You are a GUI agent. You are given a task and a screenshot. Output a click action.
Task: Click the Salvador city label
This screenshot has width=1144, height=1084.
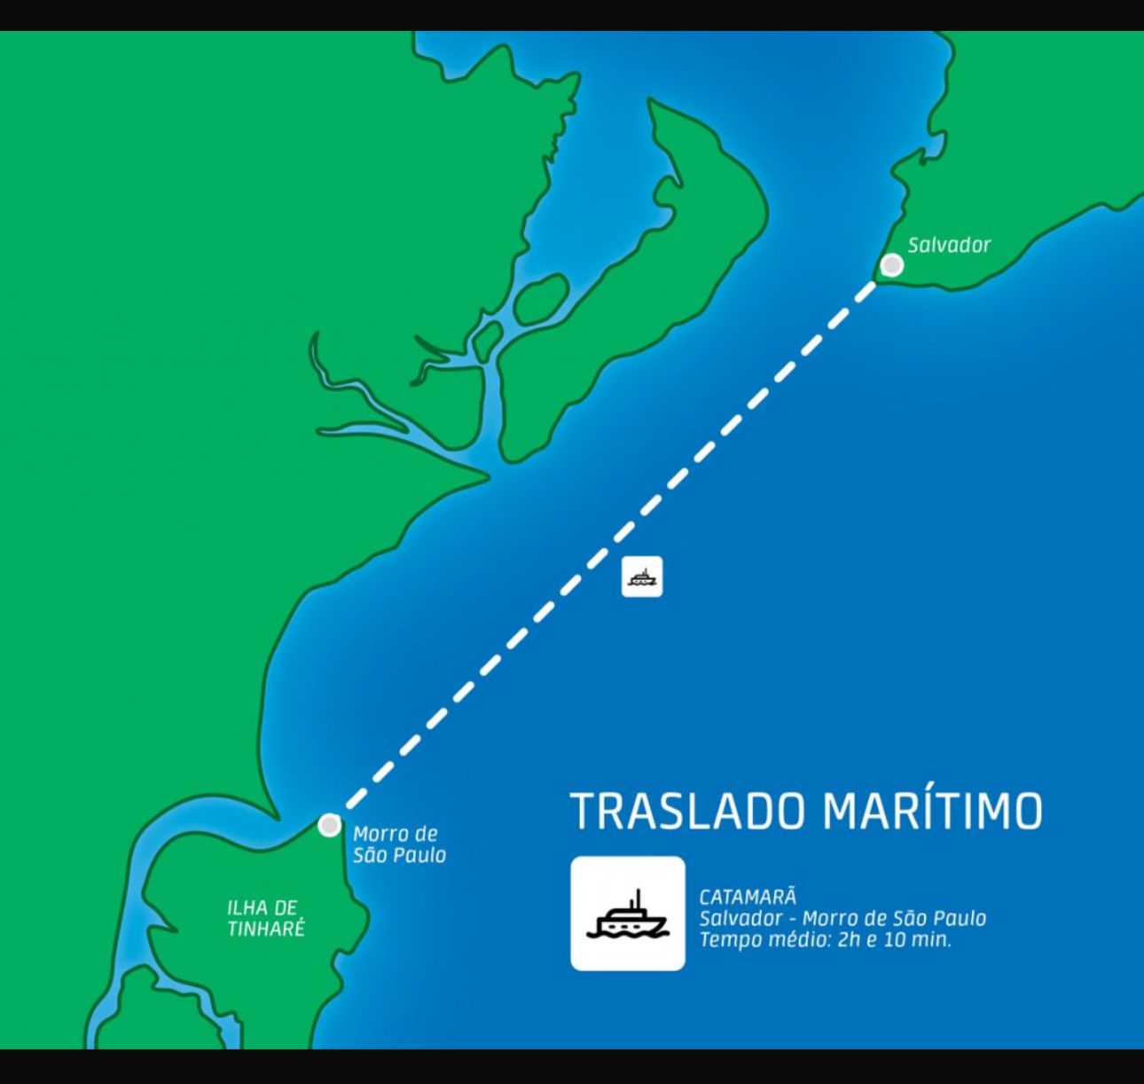(x=948, y=246)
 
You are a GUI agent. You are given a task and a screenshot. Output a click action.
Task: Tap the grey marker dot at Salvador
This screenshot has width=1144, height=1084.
(x=892, y=265)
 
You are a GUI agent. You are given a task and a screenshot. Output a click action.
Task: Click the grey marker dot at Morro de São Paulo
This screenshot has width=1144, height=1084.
(x=330, y=825)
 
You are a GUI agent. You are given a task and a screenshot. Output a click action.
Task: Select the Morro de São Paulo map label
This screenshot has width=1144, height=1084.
(x=399, y=844)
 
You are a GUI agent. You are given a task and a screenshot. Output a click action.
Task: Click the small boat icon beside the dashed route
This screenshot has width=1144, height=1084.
(x=642, y=577)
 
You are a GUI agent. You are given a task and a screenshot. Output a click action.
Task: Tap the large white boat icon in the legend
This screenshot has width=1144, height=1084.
(x=628, y=913)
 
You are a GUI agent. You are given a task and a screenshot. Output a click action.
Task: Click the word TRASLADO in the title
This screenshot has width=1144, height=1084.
(x=687, y=811)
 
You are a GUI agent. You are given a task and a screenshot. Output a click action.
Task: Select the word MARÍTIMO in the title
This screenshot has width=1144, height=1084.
(x=932, y=811)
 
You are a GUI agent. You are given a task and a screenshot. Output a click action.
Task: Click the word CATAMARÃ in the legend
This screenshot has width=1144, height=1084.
(x=748, y=897)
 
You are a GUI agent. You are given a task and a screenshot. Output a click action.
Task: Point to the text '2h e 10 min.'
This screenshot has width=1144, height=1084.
(x=894, y=939)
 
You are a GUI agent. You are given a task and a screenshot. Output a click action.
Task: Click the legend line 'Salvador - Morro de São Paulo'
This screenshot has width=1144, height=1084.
(x=842, y=918)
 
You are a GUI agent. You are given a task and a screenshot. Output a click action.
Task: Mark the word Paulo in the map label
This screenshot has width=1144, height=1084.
(x=419, y=855)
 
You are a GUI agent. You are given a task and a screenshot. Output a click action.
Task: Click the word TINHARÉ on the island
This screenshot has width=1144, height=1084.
(x=265, y=929)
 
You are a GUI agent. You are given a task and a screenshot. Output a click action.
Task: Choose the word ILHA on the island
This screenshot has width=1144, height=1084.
(x=244, y=907)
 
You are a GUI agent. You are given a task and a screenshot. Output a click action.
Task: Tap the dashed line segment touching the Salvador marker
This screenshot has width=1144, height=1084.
(x=866, y=292)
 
